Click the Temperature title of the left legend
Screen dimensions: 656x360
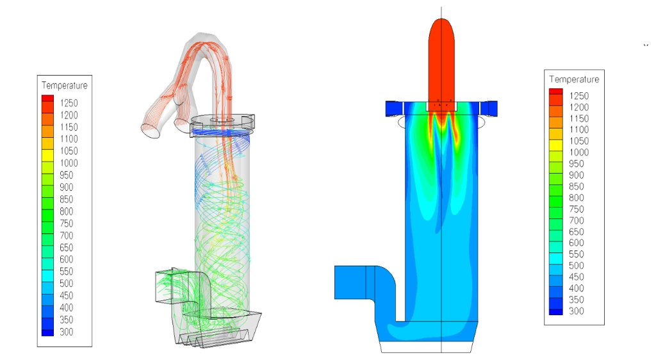coord(65,85)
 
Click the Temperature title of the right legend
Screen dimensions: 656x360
coord(574,79)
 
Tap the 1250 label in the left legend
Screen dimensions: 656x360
coord(69,103)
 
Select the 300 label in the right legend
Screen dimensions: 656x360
coord(576,311)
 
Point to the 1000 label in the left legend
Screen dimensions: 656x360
coord(69,163)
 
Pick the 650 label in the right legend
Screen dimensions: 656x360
coord(576,232)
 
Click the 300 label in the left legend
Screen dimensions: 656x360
coord(66,332)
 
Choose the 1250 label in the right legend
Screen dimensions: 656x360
coord(579,95)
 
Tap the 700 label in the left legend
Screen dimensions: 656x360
coord(66,235)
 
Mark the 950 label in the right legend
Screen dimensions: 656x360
coord(576,164)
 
